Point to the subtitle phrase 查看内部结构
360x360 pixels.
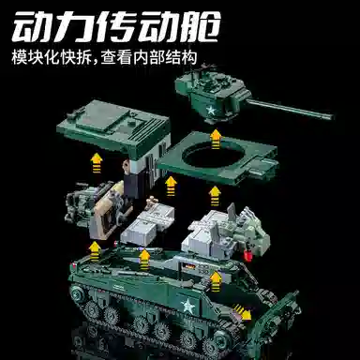click(x=149, y=60)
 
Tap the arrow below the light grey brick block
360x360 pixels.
click(x=143, y=256)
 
